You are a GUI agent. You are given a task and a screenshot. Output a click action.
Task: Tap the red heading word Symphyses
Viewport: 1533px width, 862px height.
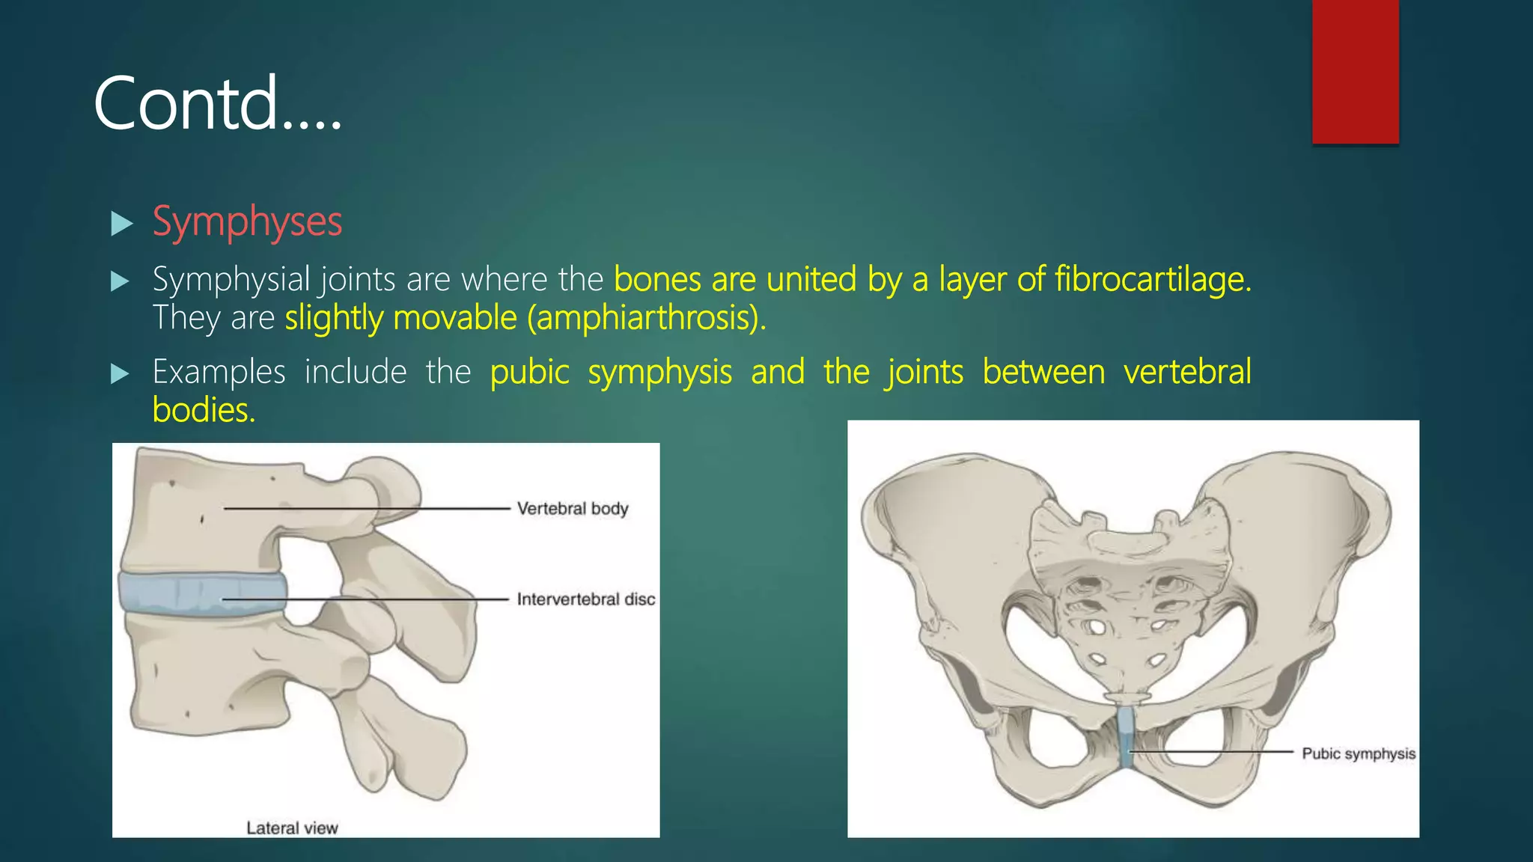[247, 222]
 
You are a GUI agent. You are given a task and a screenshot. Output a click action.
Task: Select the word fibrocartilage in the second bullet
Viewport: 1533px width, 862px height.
[1152, 280]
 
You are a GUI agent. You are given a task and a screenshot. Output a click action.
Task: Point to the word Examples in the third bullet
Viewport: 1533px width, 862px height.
[219, 372]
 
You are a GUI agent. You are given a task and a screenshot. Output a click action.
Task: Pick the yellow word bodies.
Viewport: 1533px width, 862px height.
[204, 410]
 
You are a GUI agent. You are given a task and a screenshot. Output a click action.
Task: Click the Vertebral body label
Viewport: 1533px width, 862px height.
[573, 509]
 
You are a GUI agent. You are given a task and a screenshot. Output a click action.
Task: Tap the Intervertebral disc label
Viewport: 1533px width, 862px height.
[585, 599]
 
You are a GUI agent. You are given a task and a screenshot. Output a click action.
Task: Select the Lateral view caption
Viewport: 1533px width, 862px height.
[292, 828]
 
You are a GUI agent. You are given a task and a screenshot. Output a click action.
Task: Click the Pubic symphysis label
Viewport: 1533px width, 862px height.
[1358, 754]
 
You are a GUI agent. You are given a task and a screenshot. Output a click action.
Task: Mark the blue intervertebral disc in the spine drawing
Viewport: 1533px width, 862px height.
[202, 593]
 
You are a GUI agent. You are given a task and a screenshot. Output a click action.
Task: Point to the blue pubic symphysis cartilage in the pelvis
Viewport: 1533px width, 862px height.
[1125, 737]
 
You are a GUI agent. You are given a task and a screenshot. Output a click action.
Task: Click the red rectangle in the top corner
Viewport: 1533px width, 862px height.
[1355, 71]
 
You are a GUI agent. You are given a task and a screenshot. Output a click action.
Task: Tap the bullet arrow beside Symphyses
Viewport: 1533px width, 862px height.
[121, 223]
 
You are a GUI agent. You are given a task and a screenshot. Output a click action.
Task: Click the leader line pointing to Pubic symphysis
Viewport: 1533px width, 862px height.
[1213, 751]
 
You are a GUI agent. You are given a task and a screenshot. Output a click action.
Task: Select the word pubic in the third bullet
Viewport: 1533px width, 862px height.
[529, 373]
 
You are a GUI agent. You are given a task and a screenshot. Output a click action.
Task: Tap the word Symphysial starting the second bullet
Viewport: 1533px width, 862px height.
[231, 280]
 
